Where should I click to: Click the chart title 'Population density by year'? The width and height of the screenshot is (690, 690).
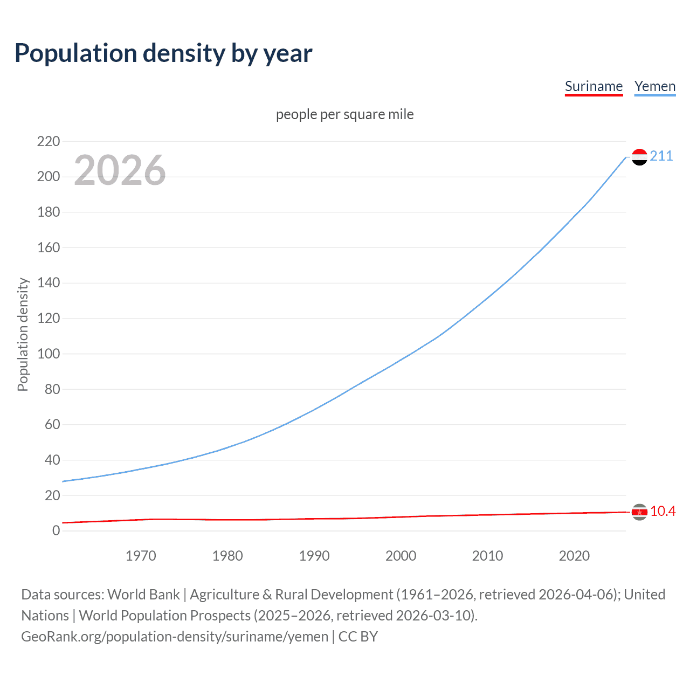[163, 53]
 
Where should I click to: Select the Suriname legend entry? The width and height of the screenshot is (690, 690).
[594, 86]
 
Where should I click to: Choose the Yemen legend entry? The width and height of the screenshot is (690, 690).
[654, 86]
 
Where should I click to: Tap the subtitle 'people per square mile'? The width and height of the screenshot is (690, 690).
[344, 114]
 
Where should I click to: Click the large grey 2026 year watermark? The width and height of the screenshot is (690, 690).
[120, 170]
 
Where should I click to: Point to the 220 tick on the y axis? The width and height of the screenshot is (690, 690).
[49, 141]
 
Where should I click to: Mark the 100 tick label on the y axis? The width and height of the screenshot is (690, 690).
[49, 354]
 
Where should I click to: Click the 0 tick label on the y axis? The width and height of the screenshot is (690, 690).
[56, 531]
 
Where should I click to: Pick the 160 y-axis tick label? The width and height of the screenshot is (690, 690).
[49, 248]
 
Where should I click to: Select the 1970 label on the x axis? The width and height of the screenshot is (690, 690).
[141, 556]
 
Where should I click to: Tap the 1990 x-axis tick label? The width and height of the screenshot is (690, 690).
[314, 556]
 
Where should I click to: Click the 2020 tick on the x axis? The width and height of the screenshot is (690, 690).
[574, 556]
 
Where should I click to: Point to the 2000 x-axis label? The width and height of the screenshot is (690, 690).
[401, 556]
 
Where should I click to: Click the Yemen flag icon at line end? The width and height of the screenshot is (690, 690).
[639, 157]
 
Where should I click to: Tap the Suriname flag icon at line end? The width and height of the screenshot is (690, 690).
[639, 512]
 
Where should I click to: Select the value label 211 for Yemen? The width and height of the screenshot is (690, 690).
[661, 156]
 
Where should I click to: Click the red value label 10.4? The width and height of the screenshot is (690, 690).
[663, 512]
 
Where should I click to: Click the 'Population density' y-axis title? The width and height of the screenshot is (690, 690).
[23, 334]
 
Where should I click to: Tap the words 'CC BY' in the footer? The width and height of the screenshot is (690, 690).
[358, 637]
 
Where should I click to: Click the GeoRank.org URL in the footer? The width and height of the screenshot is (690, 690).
[175, 637]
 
